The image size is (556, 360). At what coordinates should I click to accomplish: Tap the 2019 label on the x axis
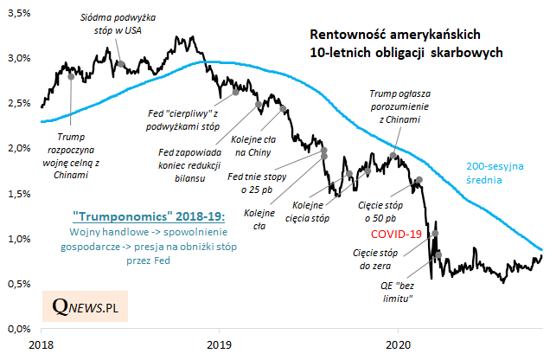pyautogui.click(x=220, y=344)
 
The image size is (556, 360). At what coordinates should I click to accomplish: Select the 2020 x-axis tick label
pyautogui.click(x=399, y=344)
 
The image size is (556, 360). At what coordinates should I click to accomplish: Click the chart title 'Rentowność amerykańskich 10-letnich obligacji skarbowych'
pyautogui.click(x=406, y=44)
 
